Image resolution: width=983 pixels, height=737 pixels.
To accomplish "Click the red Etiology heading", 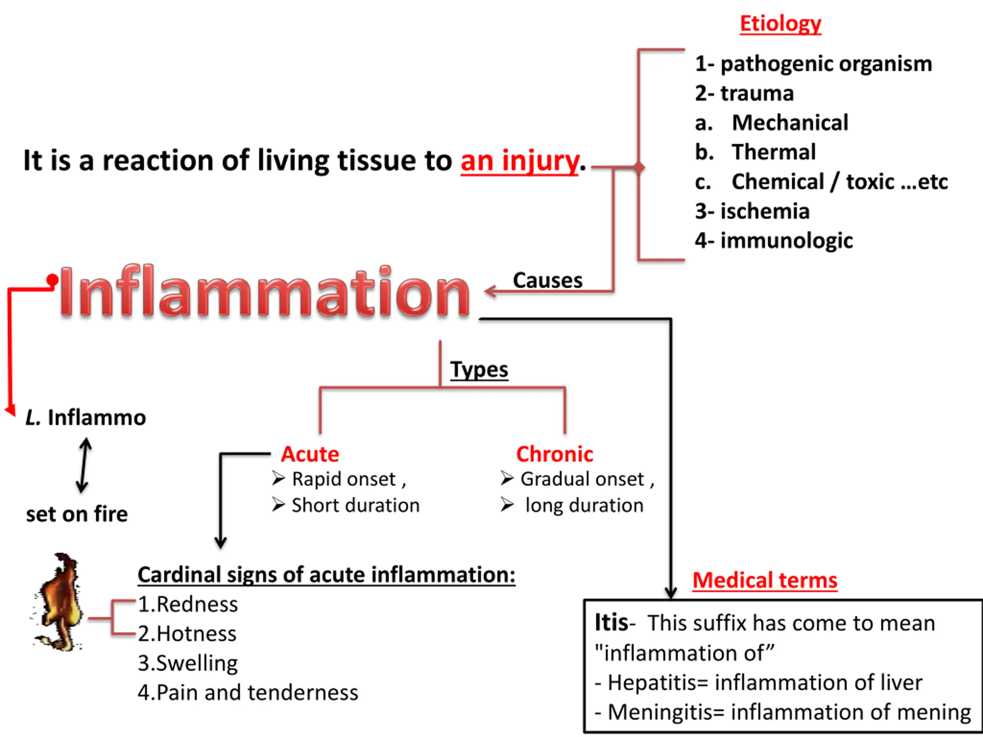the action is click(780, 23).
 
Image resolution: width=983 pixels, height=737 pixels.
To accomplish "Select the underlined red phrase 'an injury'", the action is click(520, 161).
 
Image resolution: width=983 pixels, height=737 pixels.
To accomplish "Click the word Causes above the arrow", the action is click(548, 280).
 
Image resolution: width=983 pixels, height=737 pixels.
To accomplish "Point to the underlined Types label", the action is click(479, 370).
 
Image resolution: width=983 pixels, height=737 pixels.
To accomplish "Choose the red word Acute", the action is click(310, 454).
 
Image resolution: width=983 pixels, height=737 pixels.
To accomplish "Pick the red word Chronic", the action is click(554, 454).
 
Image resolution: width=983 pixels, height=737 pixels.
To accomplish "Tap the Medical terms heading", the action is click(765, 580).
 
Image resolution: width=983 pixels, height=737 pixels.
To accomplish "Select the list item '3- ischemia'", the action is click(752, 211).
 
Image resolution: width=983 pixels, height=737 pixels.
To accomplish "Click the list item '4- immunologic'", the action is click(774, 241).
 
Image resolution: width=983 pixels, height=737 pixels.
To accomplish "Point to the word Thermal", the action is click(774, 152).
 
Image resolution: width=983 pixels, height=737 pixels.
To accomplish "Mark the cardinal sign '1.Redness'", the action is click(188, 604).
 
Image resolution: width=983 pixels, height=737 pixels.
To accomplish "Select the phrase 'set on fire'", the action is click(77, 514).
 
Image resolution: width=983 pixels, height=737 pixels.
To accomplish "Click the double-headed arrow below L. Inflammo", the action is click(84, 465).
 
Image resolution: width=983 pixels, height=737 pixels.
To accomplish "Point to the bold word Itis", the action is click(611, 623).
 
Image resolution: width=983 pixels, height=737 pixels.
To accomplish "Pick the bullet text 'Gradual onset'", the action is click(582, 479).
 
